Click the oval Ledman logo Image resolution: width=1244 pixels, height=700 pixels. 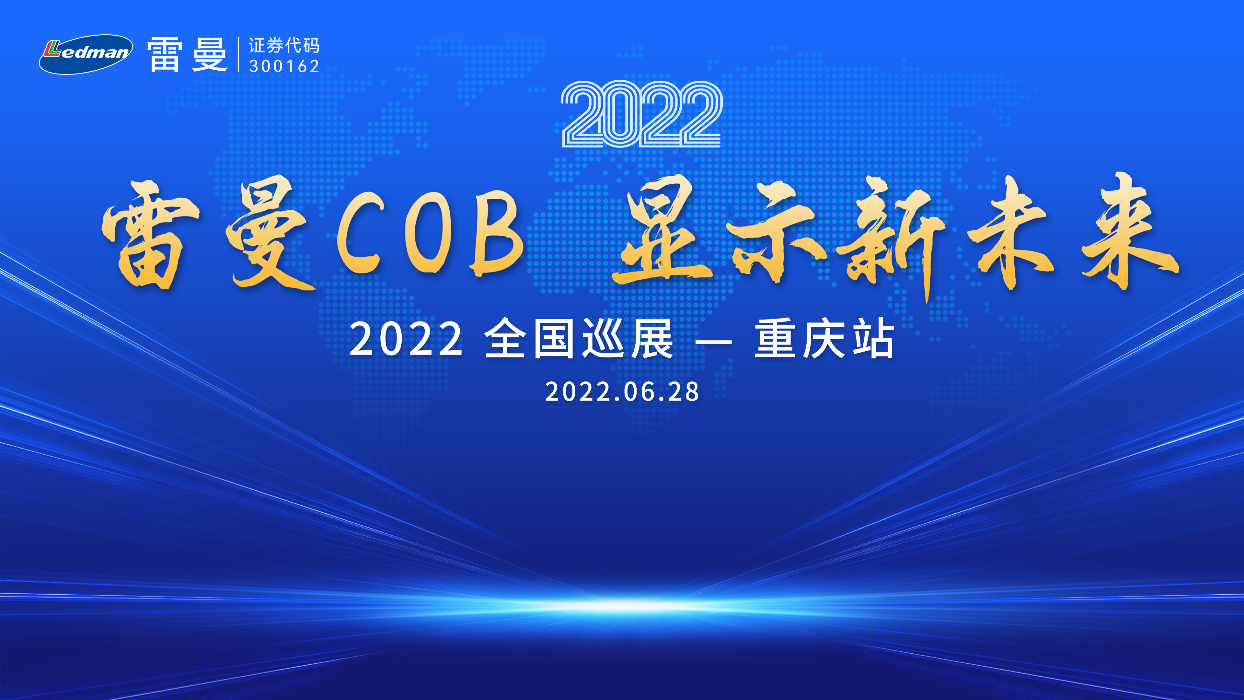pos(86,54)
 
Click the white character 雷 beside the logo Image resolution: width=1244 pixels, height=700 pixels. pos(165,54)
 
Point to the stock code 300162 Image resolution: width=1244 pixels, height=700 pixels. pos(284,66)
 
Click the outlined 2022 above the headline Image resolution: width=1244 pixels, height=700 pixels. pos(641,114)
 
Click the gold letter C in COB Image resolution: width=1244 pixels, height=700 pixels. pos(360,232)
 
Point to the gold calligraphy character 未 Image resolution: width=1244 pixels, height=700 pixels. pos(1012,232)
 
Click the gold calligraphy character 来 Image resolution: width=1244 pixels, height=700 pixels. pos(1128,231)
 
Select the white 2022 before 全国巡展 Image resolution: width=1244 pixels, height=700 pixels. pos(406,339)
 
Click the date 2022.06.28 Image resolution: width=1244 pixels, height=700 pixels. pos(622,391)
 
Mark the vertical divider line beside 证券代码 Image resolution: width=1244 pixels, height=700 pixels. pos(238,54)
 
